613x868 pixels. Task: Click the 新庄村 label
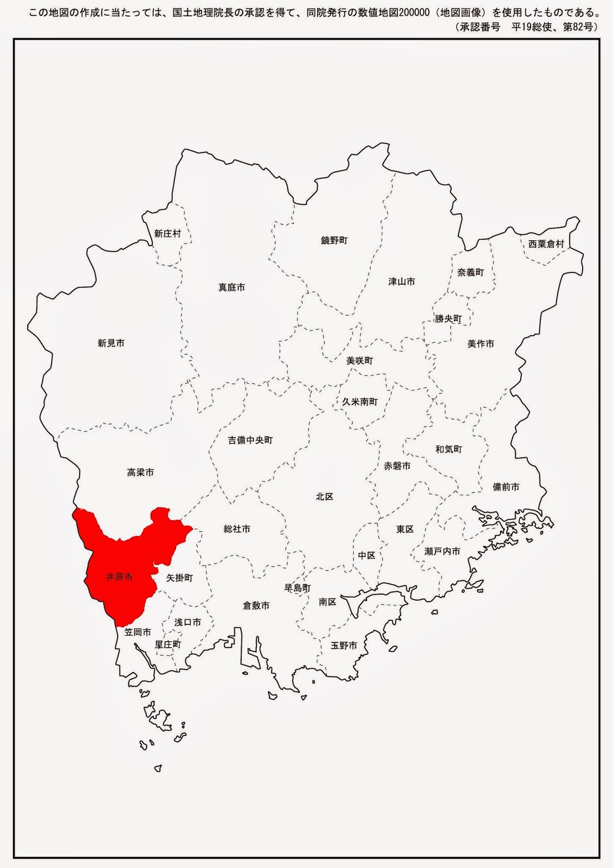point(167,234)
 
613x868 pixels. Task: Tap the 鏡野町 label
point(334,240)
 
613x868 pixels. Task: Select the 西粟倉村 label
point(546,244)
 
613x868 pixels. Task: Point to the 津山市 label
point(402,282)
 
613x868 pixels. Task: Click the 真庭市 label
point(231,288)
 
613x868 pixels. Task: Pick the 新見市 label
point(111,343)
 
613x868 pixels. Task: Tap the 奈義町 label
point(470,272)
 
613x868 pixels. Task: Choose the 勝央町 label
point(448,319)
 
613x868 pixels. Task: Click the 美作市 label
point(481,344)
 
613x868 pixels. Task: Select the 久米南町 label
point(360,402)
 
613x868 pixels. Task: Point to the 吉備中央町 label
point(250,441)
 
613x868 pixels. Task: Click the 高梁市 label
point(140,473)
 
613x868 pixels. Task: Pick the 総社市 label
point(237,529)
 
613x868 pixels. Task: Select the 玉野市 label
point(344,646)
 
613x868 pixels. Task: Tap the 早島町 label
point(298,588)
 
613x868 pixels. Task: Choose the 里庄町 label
point(168,644)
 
